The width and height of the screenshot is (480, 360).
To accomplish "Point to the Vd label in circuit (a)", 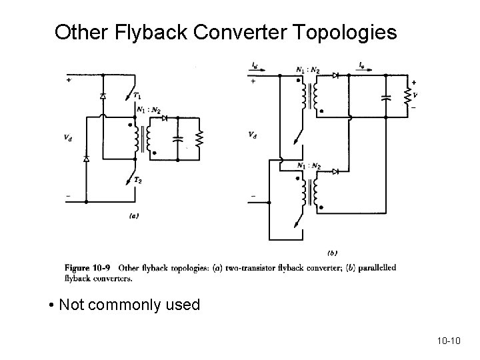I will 68,138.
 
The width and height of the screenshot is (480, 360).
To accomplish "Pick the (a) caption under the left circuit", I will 133,215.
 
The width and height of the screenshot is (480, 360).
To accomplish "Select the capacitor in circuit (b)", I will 385,96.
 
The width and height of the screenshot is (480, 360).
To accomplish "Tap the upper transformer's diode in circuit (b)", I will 335,75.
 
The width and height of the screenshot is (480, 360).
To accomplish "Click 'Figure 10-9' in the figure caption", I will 86,268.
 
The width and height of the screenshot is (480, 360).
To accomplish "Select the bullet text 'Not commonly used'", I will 129,305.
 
